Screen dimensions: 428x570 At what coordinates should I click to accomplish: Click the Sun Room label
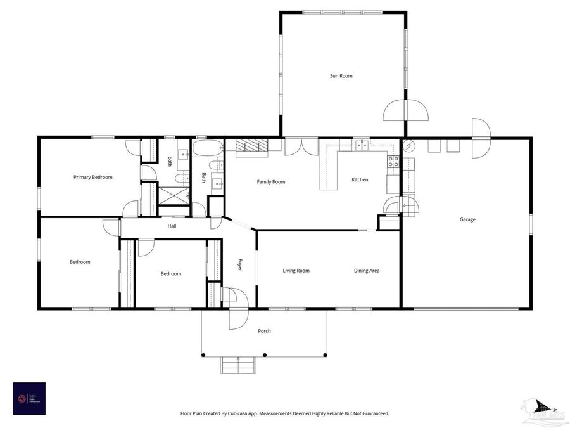pyautogui.click(x=341, y=76)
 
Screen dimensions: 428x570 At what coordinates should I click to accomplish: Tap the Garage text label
pyautogui.click(x=467, y=220)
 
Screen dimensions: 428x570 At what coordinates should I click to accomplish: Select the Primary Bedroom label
pyautogui.click(x=93, y=178)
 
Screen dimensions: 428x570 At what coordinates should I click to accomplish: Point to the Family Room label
pyautogui.click(x=271, y=182)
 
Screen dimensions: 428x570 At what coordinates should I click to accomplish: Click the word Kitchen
pyautogui.click(x=360, y=180)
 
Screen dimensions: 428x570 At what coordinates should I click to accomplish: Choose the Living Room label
pyautogui.click(x=296, y=271)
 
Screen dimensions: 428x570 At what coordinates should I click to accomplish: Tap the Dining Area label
pyautogui.click(x=367, y=271)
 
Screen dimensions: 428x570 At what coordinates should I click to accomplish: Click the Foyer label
pyautogui.click(x=240, y=264)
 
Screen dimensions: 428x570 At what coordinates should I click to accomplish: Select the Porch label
pyautogui.click(x=264, y=331)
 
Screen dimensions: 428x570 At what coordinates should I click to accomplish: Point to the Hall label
pyautogui.click(x=172, y=226)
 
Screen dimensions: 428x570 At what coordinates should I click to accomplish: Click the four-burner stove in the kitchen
pyautogui.click(x=393, y=161)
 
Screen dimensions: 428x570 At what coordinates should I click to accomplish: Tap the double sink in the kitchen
pyautogui.click(x=362, y=145)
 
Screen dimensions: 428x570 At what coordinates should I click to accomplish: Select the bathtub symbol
pyautogui.click(x=207, y=150)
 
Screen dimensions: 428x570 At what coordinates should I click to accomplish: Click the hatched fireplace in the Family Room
pyautogui.click(x=252, y=146)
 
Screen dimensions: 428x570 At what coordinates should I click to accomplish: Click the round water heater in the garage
pyautogui.click(x=408, y=145)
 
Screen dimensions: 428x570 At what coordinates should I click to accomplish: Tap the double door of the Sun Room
pyautogui.click(x=405, y=110)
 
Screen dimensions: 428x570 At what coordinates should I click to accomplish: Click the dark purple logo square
pyautogui.click(x=29, y=398)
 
